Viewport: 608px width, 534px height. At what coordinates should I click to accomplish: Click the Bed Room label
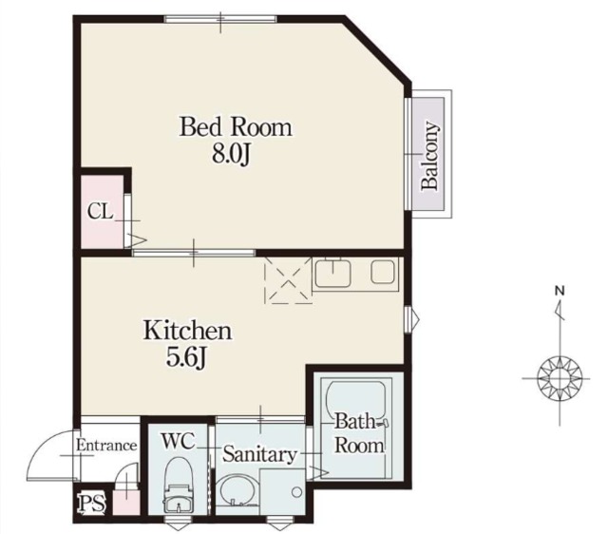[236, 126]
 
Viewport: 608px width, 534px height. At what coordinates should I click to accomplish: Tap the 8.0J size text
[231, 154]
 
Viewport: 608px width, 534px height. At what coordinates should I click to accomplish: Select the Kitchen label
[188, 332]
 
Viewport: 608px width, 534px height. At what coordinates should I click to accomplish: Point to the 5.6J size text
[186, 357]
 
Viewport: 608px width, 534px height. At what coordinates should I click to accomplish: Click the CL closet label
[100, 212]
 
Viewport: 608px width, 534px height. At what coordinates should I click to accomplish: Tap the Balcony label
[430, 156]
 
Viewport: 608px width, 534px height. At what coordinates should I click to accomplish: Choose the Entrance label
[106, 446]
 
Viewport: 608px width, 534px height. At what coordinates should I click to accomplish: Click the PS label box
[92, 503]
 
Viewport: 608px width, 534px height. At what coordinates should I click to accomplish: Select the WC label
[178, 441]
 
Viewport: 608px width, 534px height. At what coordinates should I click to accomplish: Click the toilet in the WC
[179, 486]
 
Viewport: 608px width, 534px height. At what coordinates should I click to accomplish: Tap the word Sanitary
[259, 454]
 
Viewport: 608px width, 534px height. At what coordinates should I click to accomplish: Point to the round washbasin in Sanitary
[237, 490]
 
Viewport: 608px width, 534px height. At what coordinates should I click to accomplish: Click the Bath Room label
[359, 433]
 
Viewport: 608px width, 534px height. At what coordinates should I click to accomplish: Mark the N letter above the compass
[560, 291]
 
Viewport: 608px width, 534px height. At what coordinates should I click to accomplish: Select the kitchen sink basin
[333, 273]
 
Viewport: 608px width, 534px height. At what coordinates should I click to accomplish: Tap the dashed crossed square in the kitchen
[288, 280]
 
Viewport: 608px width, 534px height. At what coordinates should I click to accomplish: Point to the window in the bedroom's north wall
[220, 19]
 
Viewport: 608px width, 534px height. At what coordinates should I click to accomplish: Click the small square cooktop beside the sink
[383, 271]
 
